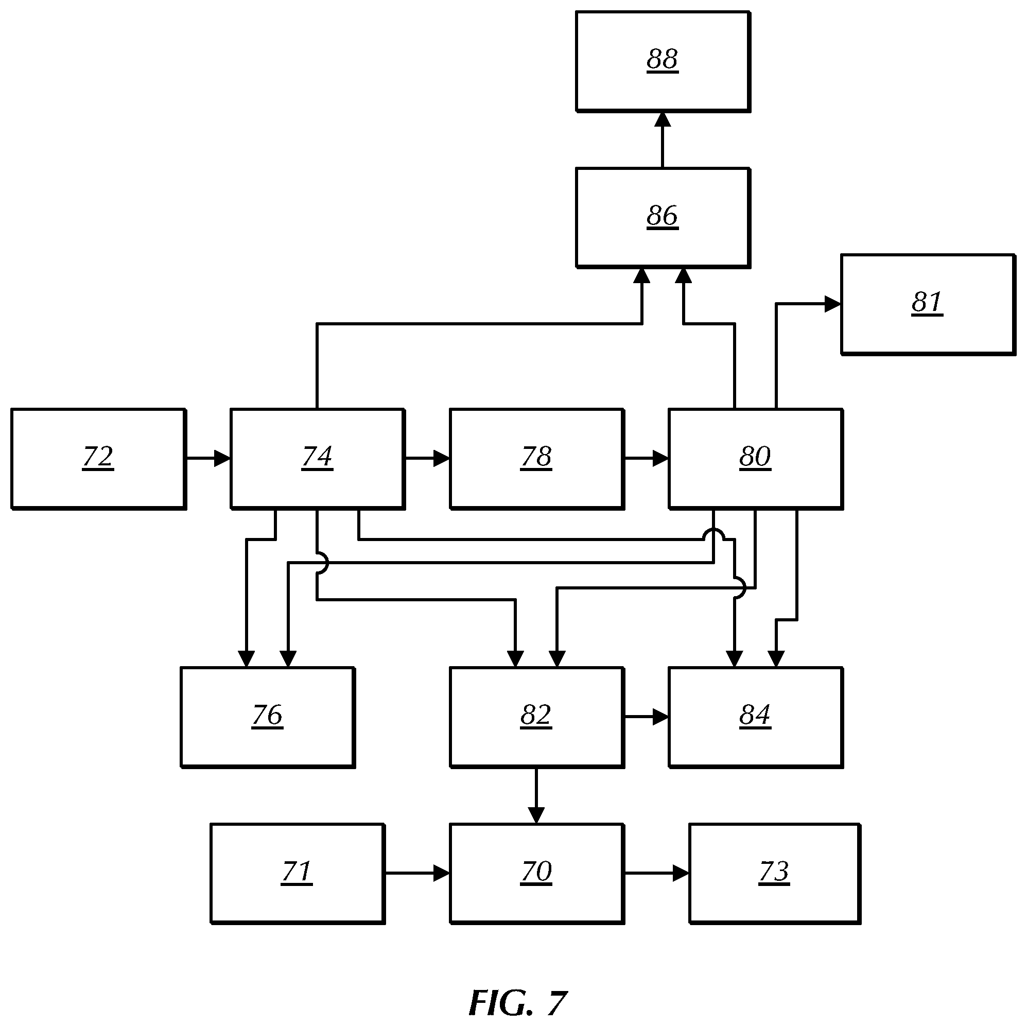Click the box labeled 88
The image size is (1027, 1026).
click(663, 62)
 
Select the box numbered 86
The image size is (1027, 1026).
click(663, 218)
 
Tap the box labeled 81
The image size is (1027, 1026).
click(928, 304)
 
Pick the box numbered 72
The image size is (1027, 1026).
click(98, 459)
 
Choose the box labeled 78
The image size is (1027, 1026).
click(537, 459)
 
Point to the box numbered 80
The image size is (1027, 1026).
click(756, 459)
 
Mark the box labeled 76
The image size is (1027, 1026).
click(268, 717)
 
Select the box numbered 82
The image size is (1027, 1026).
click(537, 717)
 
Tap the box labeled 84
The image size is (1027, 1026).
click(756, 717)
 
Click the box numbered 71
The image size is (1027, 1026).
click(298, 874)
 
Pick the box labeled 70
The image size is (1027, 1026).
click(537, 874)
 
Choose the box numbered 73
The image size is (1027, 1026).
click(775, 874)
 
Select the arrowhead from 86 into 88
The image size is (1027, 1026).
click(663, 119)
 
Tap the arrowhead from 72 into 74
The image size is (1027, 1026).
click(223, 458)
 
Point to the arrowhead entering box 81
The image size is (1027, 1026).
click(833, 304)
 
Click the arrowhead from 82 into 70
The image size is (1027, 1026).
click(536, 815)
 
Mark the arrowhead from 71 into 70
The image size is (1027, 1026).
click(442, 873)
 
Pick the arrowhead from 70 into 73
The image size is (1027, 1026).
click(682, 873)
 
